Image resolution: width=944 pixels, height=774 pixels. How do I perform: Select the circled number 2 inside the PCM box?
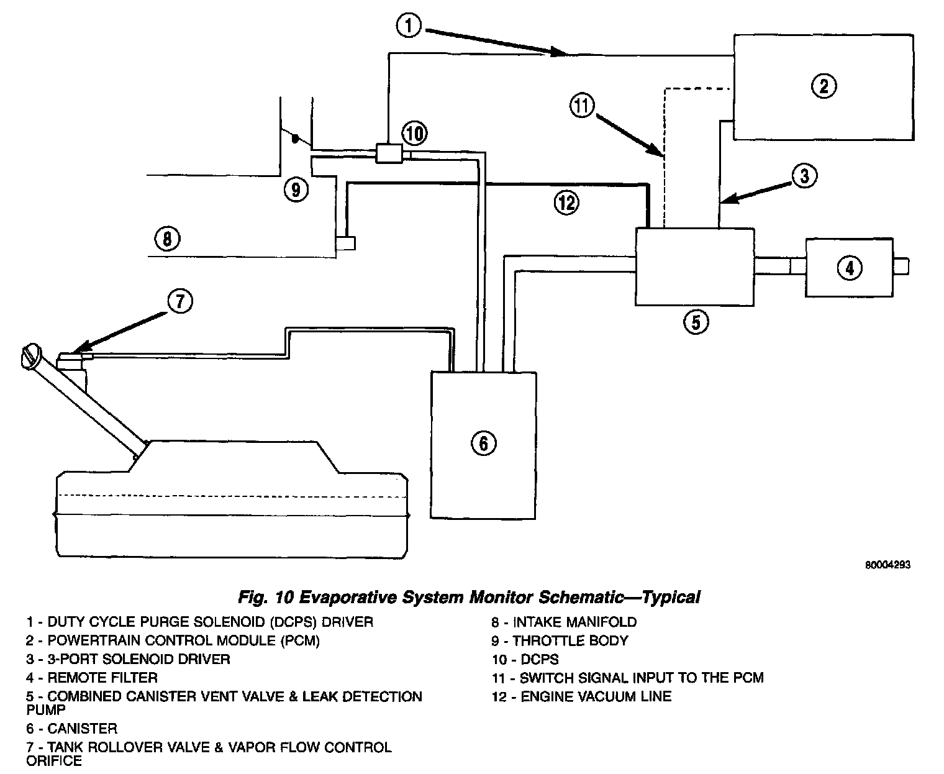click(823, 85)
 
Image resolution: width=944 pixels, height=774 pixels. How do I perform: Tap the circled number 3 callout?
click(804, 177)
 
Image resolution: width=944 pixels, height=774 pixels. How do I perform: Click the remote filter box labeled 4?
click(849, 267)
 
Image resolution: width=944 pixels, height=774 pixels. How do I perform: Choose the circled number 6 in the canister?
click(484, 443)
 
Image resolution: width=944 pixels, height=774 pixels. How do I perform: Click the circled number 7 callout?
click(179, 301)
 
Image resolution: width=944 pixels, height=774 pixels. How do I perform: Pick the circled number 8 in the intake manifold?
click(166, 238)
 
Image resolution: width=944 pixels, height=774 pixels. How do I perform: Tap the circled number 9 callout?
click(296, 189)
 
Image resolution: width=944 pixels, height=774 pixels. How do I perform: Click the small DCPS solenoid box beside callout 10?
click(389, 153)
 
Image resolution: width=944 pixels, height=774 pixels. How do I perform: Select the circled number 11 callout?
click(581, 107)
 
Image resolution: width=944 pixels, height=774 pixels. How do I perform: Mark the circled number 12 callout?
click(566, 203)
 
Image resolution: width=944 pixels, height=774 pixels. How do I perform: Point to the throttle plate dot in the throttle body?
click(296, 137)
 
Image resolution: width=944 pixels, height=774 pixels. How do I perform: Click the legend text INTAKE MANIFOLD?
click(574, 622)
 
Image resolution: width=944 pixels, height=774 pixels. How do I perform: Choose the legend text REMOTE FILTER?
click(102, 678)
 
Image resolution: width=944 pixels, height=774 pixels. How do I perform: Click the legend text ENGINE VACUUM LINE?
click(596, 696)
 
